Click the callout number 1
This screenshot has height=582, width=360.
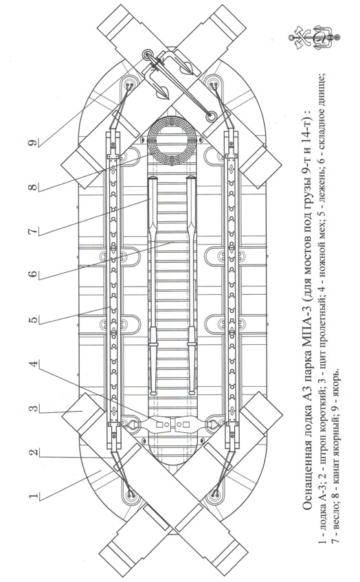click(33, 496)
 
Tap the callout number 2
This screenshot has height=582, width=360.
click(33, 452)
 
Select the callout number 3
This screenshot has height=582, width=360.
click(33, 408)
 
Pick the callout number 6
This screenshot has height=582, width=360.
click(33, 274)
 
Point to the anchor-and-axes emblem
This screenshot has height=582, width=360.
click(314, 38)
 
